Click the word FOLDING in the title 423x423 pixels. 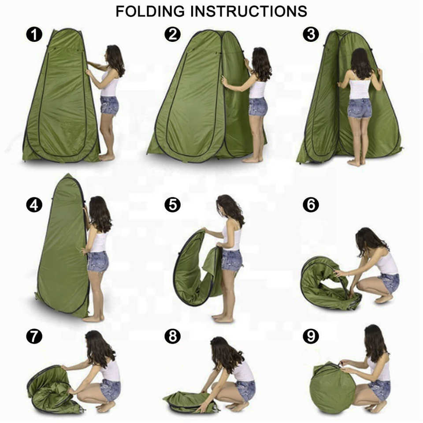pos(150,11)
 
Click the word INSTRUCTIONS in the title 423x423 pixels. pos(249,11)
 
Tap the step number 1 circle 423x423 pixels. pos(34,34)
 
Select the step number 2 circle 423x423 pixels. pos(173,34)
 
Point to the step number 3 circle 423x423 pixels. pos(311,34)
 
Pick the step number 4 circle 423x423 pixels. pos(34,205)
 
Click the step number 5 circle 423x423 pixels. pos(173,205)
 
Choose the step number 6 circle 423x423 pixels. pos(311,205)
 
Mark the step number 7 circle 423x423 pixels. pos(34,336)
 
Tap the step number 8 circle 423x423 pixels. pos(173,336)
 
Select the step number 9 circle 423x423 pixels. pos(311,336)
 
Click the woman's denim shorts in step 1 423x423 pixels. pos(110,105)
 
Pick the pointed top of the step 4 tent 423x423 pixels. pos(68,174)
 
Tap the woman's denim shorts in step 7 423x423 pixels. pos(110,390)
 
